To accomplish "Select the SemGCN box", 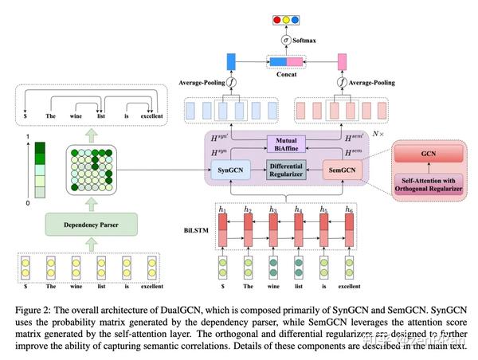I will [340, 169].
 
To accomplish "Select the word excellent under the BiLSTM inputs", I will [349, 284].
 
